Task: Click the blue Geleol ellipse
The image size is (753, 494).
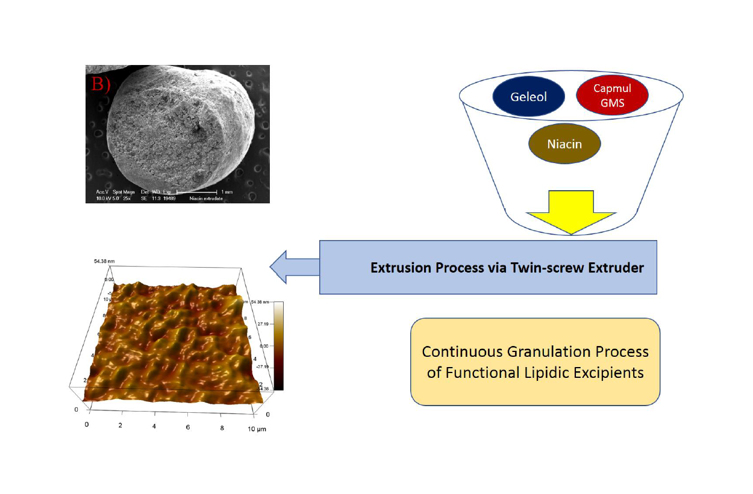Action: click(528, 97)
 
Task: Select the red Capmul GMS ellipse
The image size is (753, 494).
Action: click(612, 96)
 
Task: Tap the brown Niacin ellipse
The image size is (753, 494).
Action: click(564, 144)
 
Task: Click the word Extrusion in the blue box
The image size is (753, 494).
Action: click(398, 268)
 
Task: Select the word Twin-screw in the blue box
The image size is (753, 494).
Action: click(533, 268)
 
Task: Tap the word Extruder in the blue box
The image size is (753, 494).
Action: click(614, 268)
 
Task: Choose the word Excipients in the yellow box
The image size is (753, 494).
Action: click(613, 372)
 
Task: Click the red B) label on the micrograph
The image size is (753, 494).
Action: click(101, 84)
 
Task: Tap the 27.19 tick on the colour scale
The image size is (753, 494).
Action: click(263, 324)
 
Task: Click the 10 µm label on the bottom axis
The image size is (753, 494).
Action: click(257, 428)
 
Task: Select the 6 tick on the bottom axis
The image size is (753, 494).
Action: click(189, 426)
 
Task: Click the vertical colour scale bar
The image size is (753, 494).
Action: click(278, 346)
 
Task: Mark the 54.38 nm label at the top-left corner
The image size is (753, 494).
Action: click(104, 262)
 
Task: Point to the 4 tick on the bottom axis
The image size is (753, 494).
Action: click(155, 425)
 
